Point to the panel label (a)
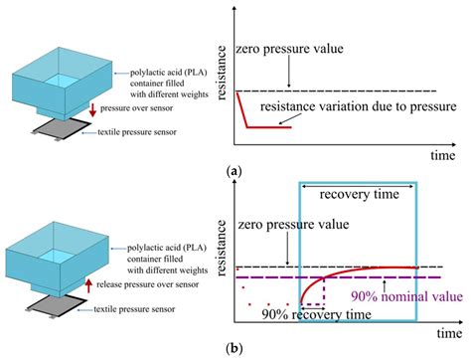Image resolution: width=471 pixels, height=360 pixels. point(234,171)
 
